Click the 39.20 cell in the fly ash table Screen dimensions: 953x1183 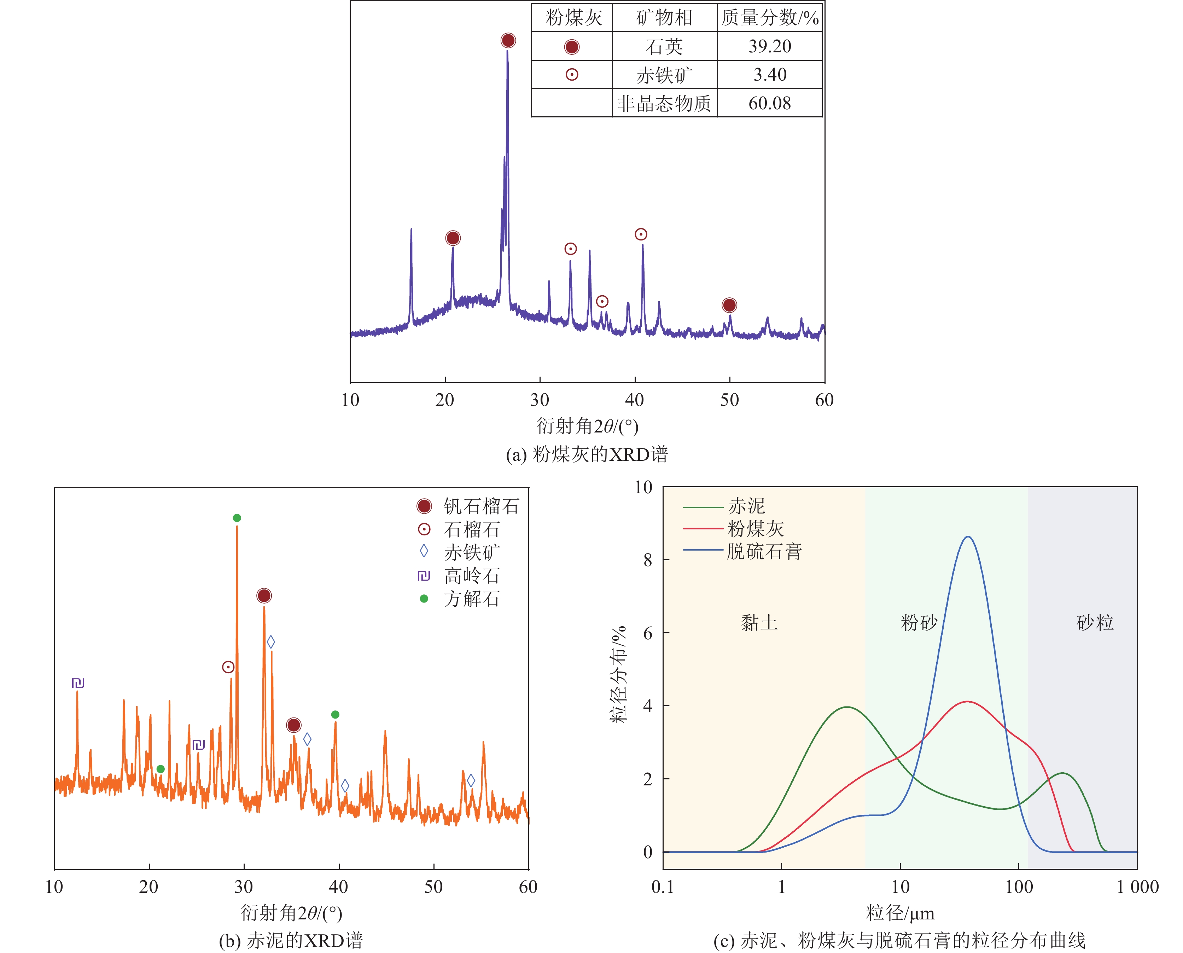click(x=770, y=46)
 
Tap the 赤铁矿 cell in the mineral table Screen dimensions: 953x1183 click(x=664, y=75)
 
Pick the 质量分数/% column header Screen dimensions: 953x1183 click(x=770, y=18)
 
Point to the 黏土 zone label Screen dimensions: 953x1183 click(x=759, y=622)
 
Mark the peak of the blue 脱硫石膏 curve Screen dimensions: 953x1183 click(x=968, y=537)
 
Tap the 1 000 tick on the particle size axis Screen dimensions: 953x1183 click(x=1137, y=887)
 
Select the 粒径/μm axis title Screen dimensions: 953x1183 click(x=900, y=913)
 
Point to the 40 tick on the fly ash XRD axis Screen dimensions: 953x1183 click(x=635, y=400)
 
